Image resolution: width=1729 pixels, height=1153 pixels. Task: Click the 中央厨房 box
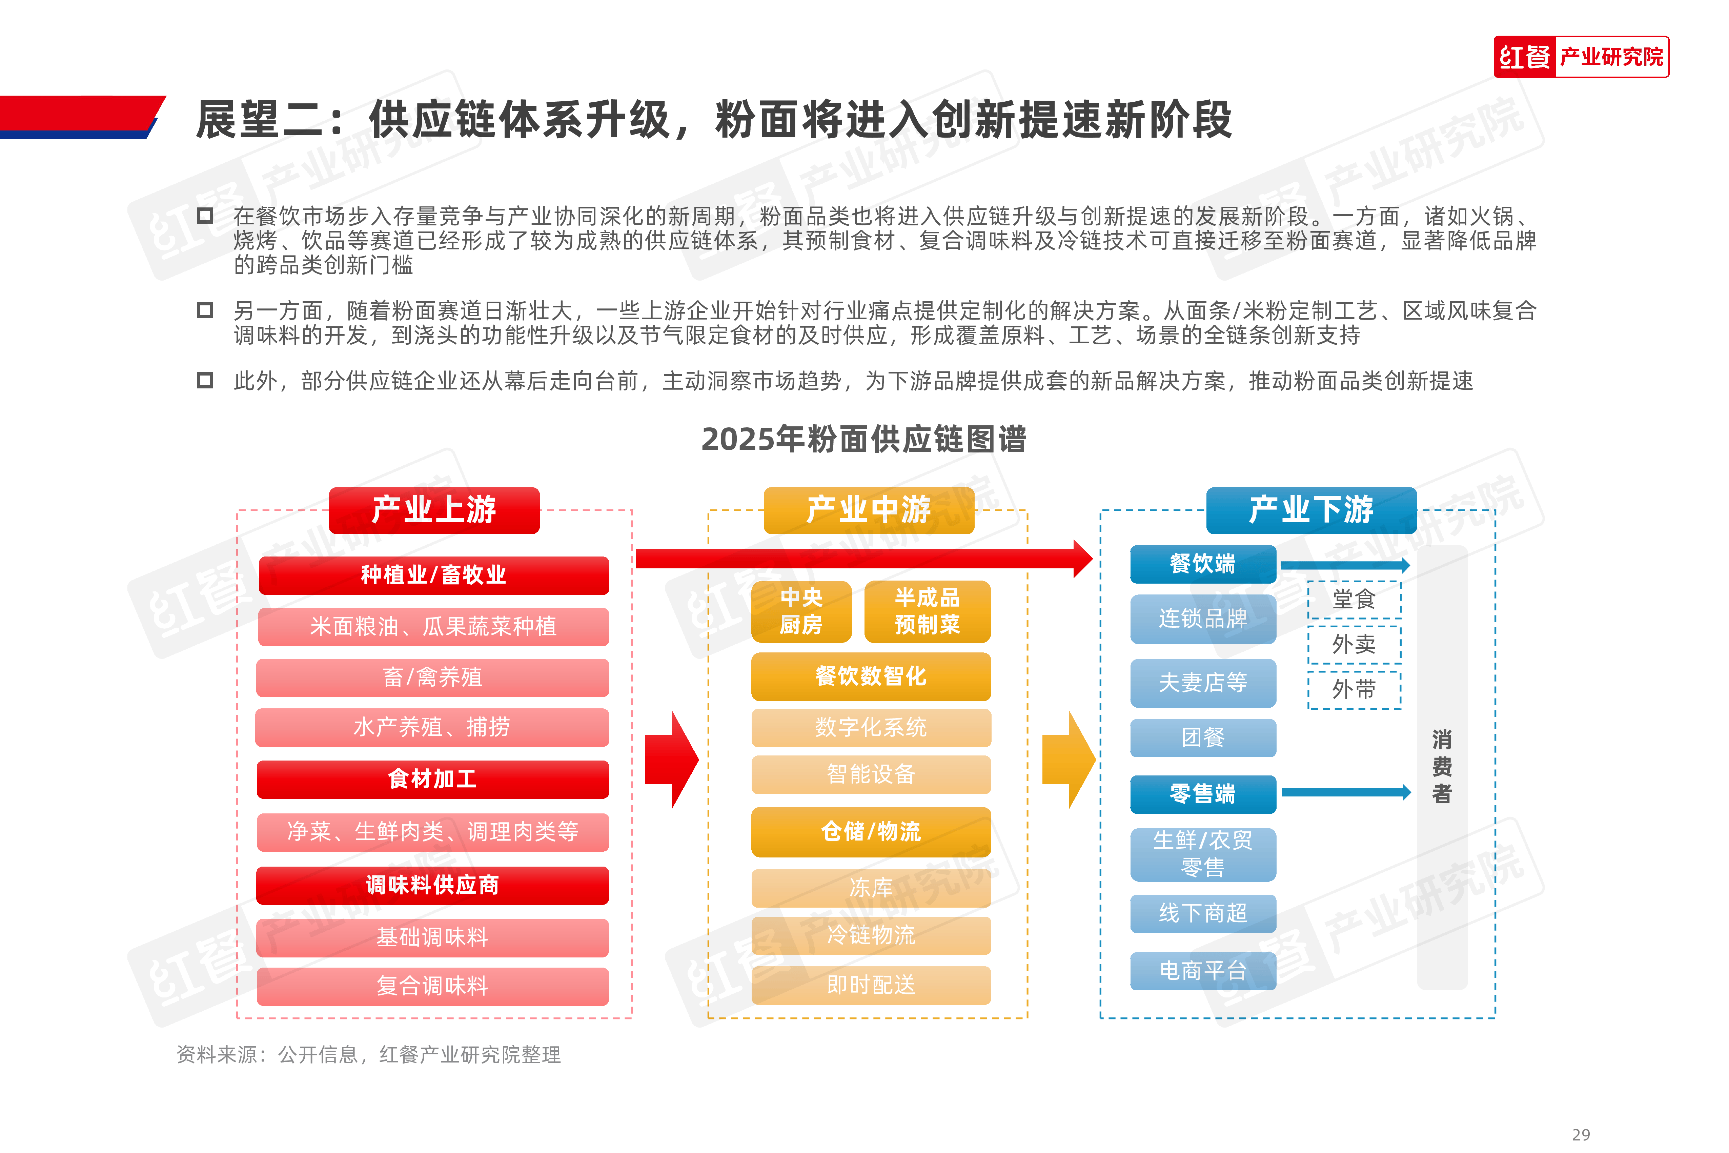(801, 611)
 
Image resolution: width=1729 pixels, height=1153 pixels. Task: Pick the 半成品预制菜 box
(928, 611)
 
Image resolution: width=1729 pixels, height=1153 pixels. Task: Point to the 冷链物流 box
(871, 935)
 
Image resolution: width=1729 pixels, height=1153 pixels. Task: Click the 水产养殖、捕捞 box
(432, 727)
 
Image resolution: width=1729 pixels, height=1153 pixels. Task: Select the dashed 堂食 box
(1354, 599)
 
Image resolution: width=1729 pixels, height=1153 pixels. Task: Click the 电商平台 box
(1203, 971)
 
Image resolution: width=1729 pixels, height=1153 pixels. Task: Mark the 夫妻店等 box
(1203, 683)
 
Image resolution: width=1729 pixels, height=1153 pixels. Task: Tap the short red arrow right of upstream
(672, 760)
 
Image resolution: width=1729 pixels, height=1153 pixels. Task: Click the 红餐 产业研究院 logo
(1581, 57)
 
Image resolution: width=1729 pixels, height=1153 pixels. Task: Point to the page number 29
(1581, 1135)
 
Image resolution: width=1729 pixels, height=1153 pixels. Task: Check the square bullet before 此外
(205, 380)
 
